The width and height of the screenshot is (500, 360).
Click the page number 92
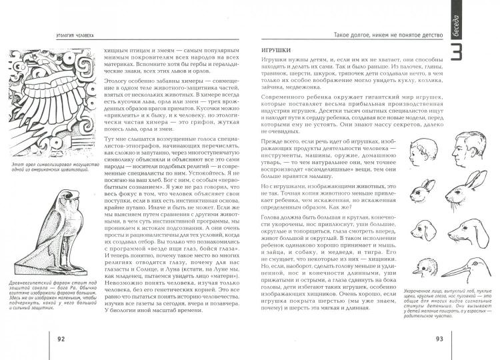click(61, 339)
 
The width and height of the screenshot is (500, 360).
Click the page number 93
click(439, 339)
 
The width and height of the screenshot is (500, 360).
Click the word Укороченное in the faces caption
click(419, 291)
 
